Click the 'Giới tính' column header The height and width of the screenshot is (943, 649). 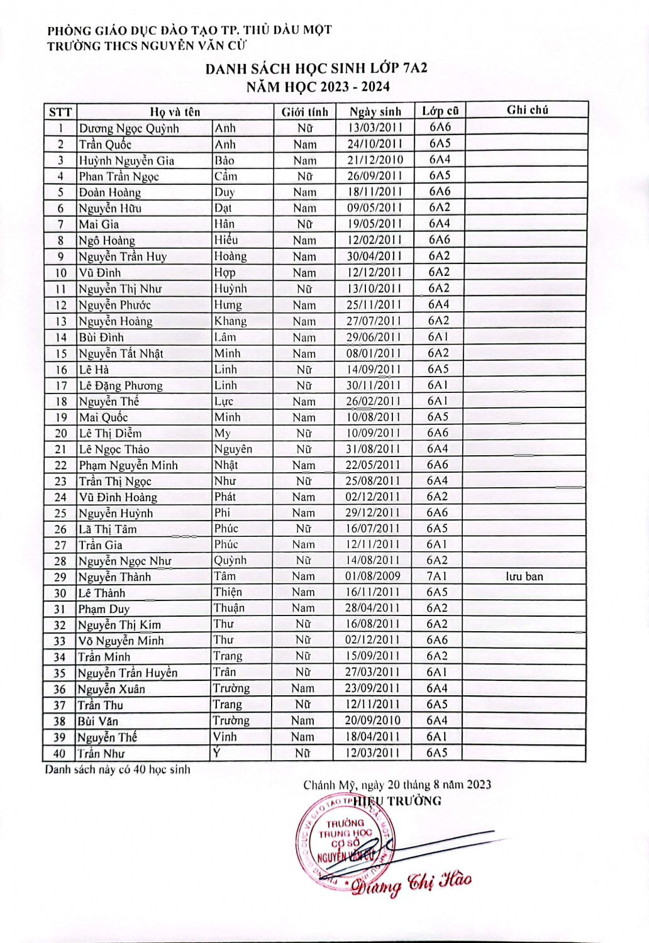pos(304,112)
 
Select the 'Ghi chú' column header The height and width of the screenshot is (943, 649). pos(527,110)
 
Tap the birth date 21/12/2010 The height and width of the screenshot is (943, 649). pos(375,160)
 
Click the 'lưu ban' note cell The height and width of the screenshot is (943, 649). pos(524,576)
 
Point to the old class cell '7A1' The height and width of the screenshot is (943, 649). pos(437,576)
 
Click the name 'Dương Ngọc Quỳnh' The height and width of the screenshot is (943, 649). pos(129,128)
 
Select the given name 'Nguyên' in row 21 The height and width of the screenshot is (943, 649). pos(233,449)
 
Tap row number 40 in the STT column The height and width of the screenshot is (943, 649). pos(59,753)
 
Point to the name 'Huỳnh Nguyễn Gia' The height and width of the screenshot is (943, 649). pos(126,160)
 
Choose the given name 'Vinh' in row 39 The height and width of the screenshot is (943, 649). pos(225,737)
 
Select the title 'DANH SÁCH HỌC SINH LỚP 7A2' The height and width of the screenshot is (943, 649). pos(316,69)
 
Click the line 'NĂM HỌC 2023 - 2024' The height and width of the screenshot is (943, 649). pos(318,87)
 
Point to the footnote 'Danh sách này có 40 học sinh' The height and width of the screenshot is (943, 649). pos(117,769)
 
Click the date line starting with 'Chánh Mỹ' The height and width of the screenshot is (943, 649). pos(397,785)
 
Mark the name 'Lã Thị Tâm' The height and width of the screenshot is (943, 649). pos(108,529)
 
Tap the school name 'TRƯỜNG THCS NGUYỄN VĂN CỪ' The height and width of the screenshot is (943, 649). pos(147,45)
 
